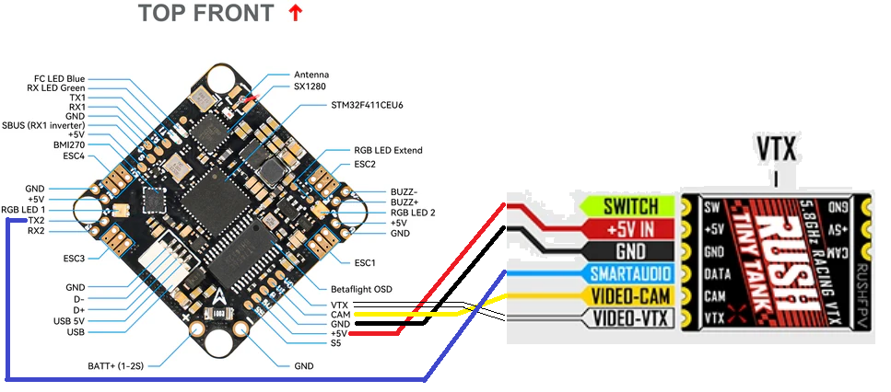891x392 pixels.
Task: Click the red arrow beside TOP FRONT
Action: [x=295, y=13]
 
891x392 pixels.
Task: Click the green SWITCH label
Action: [x=630, y=206]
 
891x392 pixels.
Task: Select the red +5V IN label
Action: [x=630, y=228]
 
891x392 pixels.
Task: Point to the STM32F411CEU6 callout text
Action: [x=367, y=105]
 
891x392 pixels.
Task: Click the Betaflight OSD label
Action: [x=361, y=289]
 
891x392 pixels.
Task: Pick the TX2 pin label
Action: [x=34, y=221]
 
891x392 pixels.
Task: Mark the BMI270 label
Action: [x=68, y=144]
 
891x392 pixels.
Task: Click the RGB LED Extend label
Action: [x=388, y=150]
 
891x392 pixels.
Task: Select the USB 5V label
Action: [x=67, y=320]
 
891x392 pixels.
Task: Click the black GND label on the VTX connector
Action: [x=630, y=251]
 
